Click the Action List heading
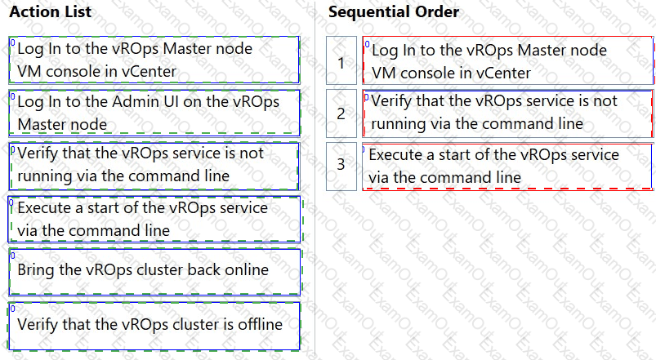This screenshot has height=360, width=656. pos(50,11)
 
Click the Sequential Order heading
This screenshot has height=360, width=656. pos(393,11)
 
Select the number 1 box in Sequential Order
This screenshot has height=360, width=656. pos(341,60)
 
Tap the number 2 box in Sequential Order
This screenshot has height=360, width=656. pos(341,113)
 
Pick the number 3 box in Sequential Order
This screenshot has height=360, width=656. pos(341,166)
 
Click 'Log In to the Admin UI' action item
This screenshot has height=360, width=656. pos(154,113)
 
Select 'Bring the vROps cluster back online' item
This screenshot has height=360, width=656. pos(154,272)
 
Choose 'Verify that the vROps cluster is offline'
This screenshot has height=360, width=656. pos(154,326)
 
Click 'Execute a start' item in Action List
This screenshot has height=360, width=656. pos(154,219)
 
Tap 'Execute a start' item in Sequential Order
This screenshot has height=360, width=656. pos(507,167)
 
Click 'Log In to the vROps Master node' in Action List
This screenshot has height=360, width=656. pos(154,60)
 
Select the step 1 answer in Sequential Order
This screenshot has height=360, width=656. pos(507,60)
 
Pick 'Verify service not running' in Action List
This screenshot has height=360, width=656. pos(154,166)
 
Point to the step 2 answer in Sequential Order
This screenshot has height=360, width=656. pos(507,113)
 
